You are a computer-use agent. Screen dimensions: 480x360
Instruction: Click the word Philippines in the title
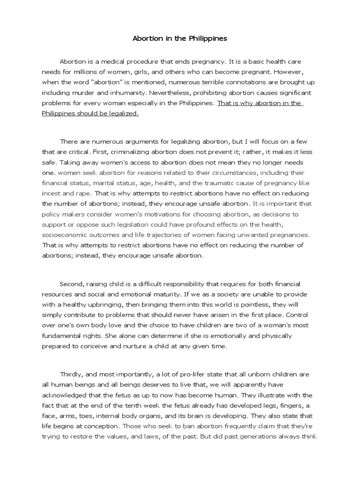[x=209, y=39]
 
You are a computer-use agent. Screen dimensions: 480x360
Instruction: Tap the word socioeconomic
[x=66, y=234]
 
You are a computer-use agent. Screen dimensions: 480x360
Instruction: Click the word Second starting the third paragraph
[x=70, y=284]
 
